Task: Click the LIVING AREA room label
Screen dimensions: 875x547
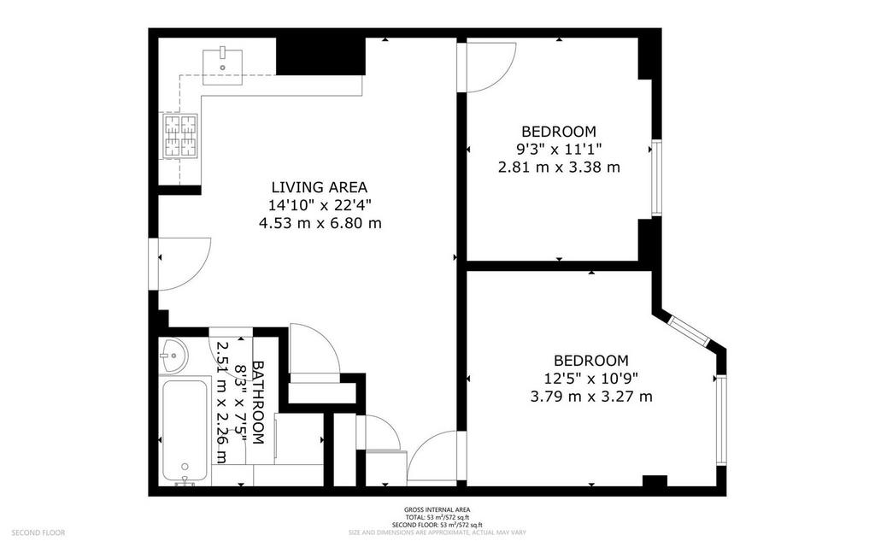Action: click(x=320, y=187)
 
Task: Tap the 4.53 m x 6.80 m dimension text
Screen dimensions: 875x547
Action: click(x=320, y=223)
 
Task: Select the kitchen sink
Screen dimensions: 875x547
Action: click(x=222, y=67)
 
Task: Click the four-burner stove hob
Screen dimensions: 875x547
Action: click(x=180, y=136)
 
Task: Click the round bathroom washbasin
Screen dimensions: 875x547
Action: click(x=174, y=356)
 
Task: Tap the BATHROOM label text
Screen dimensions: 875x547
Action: click(x=258, y=402)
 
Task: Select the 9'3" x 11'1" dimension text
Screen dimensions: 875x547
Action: click(x=559, y=149)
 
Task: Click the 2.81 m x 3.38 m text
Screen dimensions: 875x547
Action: click(x=559, y=167)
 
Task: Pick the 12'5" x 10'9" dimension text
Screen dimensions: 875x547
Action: click(x=591, y=379)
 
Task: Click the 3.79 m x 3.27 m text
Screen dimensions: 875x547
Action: click(x=591, y=397)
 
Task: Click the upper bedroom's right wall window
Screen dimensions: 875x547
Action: click(x=656, y=179)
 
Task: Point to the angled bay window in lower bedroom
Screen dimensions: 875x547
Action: click(x=689, y=332)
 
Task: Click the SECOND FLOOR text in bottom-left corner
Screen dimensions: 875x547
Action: click(x=38, y=533)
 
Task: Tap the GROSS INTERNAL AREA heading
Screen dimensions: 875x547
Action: click(x=437, y=509)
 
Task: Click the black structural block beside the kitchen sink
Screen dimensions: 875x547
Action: click(x=321, y=56)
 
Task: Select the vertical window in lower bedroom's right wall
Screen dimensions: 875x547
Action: click(x=721, y=420)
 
